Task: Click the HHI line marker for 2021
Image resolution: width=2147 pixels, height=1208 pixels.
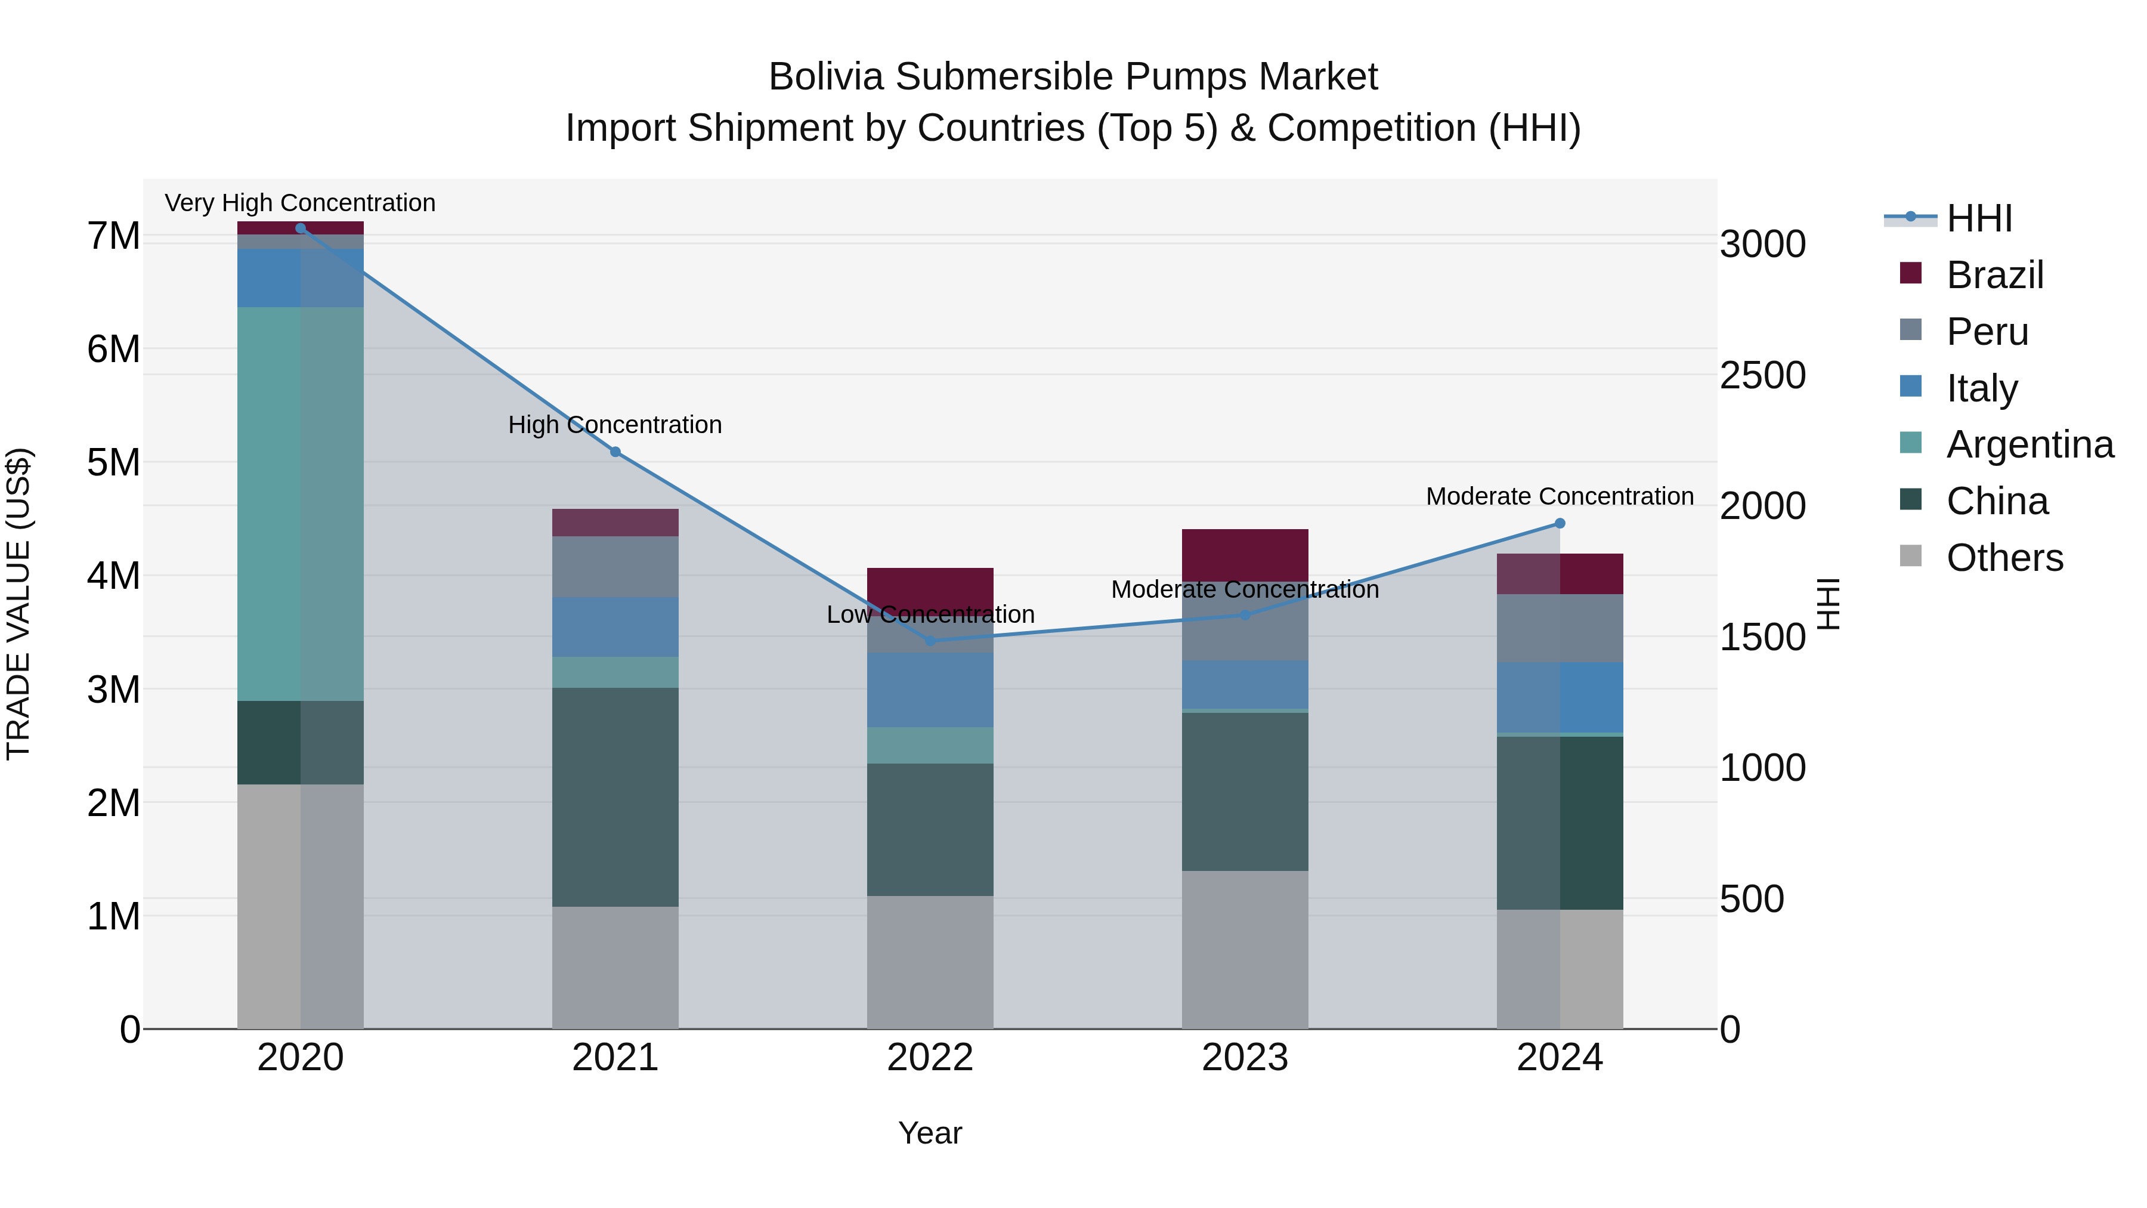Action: point(615,452)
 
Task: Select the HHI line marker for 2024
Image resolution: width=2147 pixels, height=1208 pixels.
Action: point(1560,524)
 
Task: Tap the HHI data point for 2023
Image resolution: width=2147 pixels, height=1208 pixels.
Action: point(1245,615)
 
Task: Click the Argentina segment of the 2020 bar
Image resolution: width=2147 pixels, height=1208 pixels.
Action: point(300,503)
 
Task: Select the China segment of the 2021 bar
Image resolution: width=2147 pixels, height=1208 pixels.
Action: point(615,797)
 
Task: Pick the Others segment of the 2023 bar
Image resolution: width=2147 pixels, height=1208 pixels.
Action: point(1245,950)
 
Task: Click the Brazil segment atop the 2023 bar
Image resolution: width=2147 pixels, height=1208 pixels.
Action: point(1245,554)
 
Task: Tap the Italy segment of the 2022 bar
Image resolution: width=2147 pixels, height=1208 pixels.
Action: point(930,690)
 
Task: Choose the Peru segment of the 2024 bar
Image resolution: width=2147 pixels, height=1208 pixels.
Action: point(1560,628)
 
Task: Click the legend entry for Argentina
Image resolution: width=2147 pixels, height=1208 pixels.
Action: point(2030,444)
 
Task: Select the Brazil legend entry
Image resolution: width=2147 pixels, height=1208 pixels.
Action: point(1994,275)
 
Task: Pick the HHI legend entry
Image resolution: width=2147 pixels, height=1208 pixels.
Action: point(1979,218)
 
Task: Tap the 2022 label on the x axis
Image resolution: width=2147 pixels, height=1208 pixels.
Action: point(930,1058)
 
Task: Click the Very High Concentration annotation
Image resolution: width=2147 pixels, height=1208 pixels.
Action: point(300,203)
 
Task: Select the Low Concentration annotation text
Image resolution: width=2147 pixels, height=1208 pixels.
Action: point(930,614)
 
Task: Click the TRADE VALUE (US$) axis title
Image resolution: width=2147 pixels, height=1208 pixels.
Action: point(18,604)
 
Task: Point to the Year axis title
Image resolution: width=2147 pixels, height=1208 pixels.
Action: point(930,1133)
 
